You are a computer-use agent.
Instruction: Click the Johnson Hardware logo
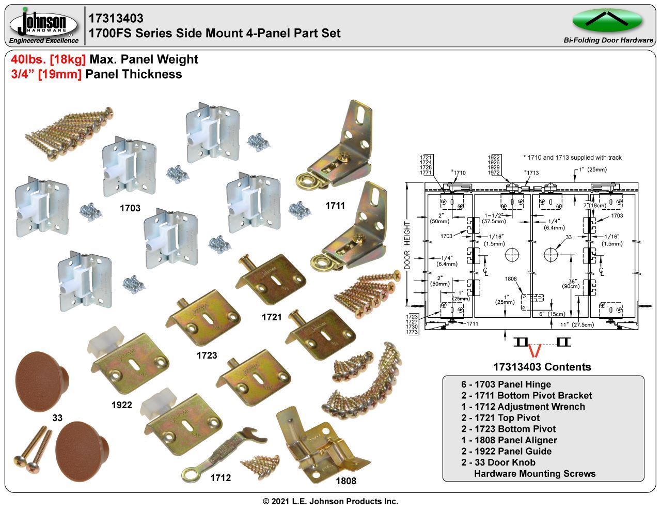point(43,24)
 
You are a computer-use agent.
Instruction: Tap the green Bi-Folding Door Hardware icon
point(607,21)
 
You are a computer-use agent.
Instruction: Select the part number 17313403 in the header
point(116,19)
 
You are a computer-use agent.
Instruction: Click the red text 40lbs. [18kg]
point(49,59)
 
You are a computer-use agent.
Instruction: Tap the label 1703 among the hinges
point(130,208)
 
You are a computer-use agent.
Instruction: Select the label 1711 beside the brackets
point(335,206)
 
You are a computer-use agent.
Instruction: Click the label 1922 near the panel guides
point(122,405)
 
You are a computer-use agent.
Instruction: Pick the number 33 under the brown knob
point(57,417)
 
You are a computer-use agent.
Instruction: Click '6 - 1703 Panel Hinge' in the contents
point(506,384)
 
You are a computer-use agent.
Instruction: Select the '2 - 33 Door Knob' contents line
point(498,462)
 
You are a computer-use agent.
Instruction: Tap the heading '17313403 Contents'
point(542,367)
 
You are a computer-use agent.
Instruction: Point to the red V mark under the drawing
point(533,351)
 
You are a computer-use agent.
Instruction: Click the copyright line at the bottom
point(330,501)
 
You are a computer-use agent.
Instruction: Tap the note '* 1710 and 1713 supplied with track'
point(572,158)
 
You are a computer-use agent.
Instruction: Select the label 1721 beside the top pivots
point(272,317)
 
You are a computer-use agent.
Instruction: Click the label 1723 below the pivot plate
point(207,355)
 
